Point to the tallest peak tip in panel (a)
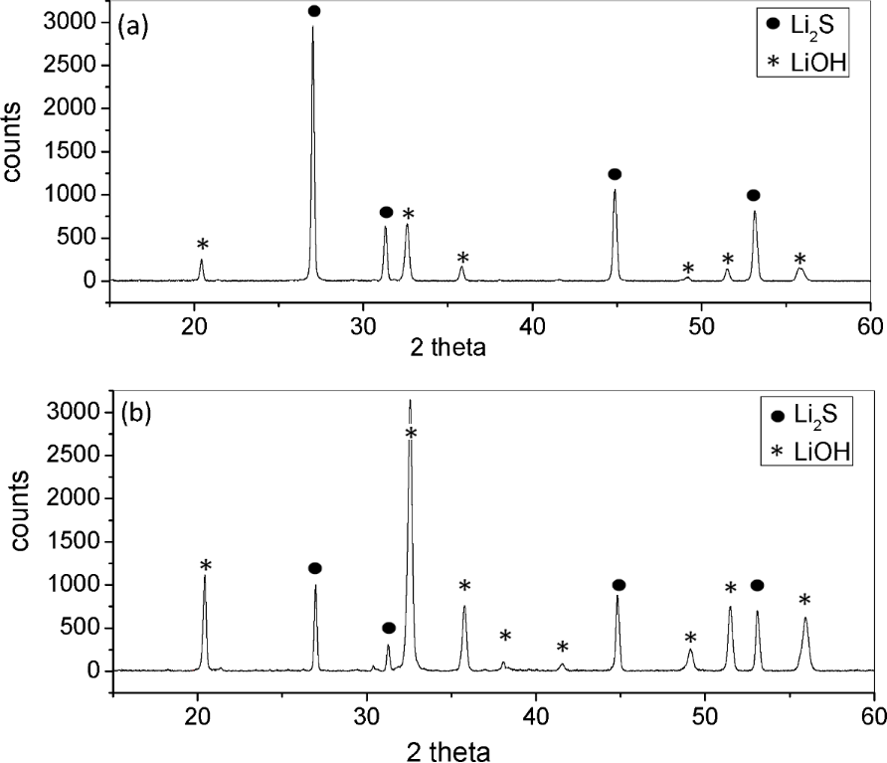[312, 27]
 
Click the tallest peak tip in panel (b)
[410, 400]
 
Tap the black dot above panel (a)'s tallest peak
[314, 11]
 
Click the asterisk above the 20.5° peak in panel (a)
[203, 245]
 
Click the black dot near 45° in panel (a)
[615, 174]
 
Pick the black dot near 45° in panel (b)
[619, 585]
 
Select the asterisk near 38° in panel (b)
[505, 637]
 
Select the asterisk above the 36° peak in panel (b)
[463, 586]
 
